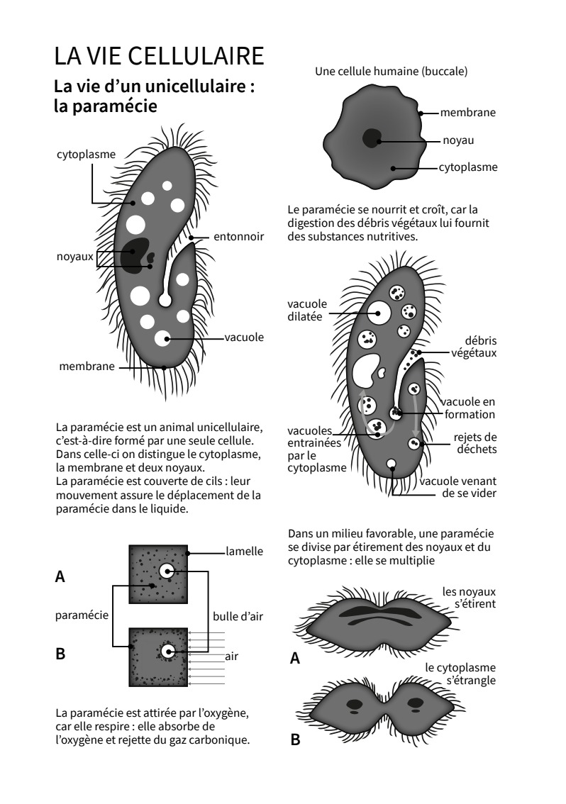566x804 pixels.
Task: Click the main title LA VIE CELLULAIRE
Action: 159,55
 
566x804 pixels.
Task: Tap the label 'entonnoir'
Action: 238,236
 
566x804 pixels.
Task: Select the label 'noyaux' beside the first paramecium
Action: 74,256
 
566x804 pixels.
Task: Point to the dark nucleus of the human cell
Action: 371,138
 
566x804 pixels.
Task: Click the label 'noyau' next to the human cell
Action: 458,140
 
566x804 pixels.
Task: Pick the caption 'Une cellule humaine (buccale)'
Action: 391,71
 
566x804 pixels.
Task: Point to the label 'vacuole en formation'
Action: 468,408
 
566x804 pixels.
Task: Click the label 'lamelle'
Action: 244,551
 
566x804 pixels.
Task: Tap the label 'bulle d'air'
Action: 238,616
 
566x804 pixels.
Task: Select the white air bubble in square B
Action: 167,651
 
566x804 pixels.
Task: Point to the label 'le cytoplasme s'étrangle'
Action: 460,674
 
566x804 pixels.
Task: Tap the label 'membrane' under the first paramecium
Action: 87,367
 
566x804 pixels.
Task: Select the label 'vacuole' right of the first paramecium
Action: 244,337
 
